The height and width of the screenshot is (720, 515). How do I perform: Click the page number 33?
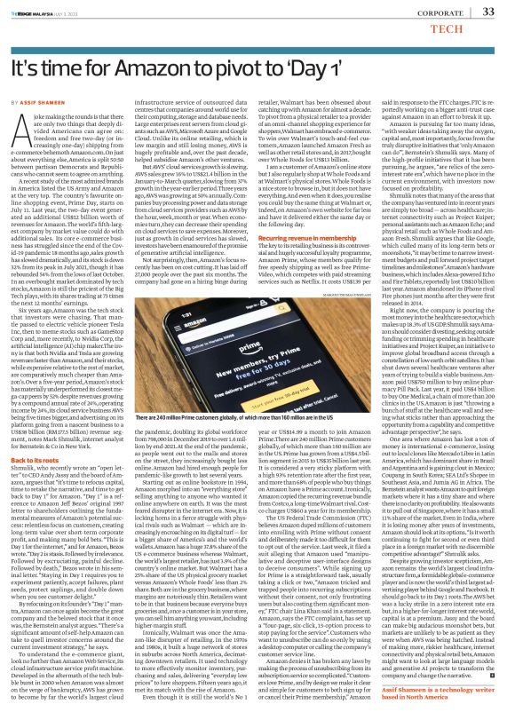[487, 12]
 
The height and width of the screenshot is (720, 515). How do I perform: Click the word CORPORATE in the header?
[441, 13]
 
